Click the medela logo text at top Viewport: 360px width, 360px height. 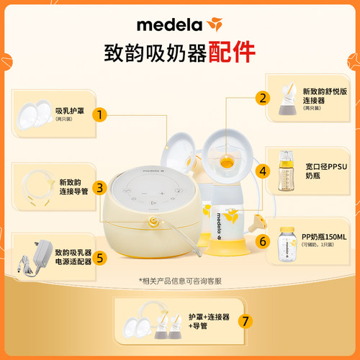[171, 24]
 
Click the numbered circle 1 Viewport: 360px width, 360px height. [102, 114]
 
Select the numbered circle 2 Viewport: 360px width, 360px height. [264, 97]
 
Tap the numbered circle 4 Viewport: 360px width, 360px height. [264, 171]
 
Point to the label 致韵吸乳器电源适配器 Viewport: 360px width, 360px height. [73, 258]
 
